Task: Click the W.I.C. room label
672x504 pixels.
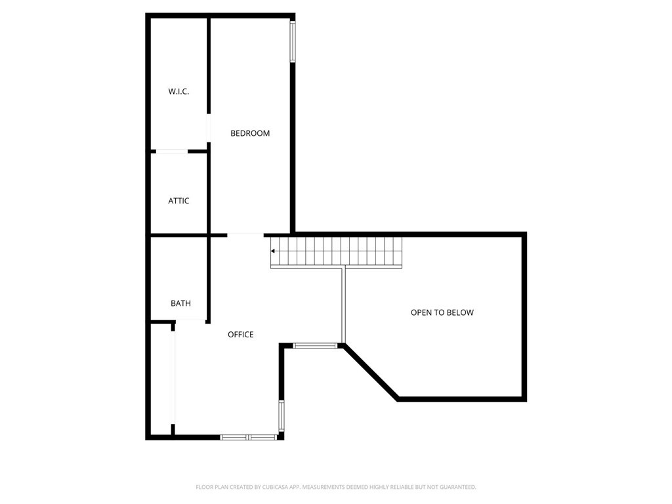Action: pos(178,92)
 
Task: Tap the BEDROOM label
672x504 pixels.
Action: pos(250,133)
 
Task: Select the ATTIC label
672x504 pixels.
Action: pos(178,201)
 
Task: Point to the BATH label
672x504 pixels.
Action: pos(180,303)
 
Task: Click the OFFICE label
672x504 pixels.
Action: pos(240,335)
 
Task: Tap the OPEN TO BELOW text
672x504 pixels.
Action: pos(442,312)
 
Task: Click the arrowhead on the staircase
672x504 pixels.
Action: pos(274,251)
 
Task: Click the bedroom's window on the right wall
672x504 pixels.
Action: pos(293,42)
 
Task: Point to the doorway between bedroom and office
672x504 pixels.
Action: pos(245,234)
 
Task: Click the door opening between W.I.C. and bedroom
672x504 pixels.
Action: pos(209,128)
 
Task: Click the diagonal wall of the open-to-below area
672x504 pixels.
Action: pos(371,372)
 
